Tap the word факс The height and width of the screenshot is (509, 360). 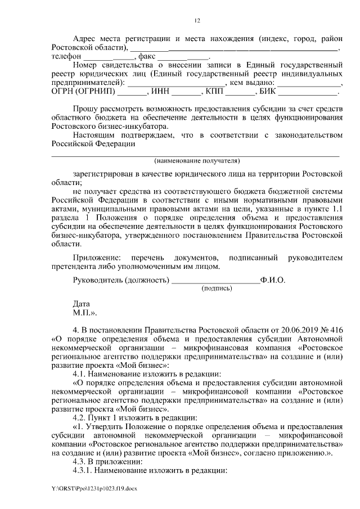pos(147,57)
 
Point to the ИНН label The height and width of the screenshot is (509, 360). pos(160,91)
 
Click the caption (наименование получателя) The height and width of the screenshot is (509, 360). pos(196,160)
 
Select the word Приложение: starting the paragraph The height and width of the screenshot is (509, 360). pos(97,258)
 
